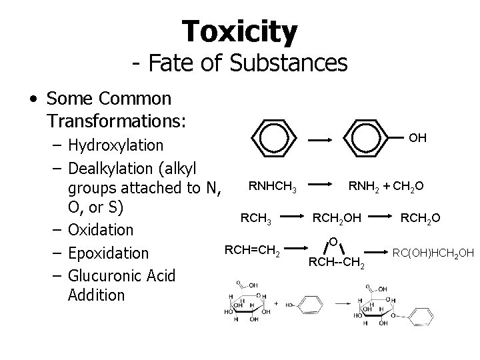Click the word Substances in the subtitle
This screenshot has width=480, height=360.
[289, 63]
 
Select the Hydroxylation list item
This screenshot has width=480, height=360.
[115, 145]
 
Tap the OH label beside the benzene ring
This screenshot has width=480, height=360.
[418, 138]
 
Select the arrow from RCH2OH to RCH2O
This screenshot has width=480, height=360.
[377, 217]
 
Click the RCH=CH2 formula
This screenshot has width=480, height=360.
[252, 251]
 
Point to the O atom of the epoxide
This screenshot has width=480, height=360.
[333, 240]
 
